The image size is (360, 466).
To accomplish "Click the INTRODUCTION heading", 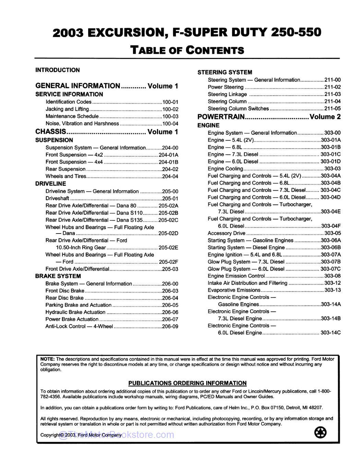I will click(x=57, y=70).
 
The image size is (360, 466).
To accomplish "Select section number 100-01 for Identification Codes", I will click(x=170, y=102).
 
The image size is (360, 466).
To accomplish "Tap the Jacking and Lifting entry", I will click(x=67, y=109).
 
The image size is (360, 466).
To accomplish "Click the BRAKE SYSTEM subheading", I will click(x=58, y=276).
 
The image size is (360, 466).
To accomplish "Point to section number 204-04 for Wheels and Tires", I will click(x=170, y=177).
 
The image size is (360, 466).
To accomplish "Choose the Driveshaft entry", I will click(x=57, y=199).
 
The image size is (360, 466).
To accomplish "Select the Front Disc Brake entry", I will click(x=65, y=291).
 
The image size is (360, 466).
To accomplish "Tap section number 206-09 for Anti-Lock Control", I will click(x=170, y=326).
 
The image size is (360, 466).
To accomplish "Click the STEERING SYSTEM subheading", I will click(x=225, y=72).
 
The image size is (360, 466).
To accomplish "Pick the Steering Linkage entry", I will click(x=227, y=94).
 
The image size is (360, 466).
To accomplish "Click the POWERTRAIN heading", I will click(x=221, y=117).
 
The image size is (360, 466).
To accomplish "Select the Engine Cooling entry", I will click(x=225, y=169).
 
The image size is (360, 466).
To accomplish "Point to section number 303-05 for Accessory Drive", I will click(x=332, y=233).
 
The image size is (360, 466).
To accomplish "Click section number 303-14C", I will click(x=331, y=333).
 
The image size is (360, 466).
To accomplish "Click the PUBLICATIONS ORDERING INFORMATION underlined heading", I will click(x=187, y=383).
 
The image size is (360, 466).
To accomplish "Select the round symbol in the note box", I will click(x=320, y=432).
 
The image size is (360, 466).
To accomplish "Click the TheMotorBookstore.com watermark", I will click(x=117, y=435).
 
